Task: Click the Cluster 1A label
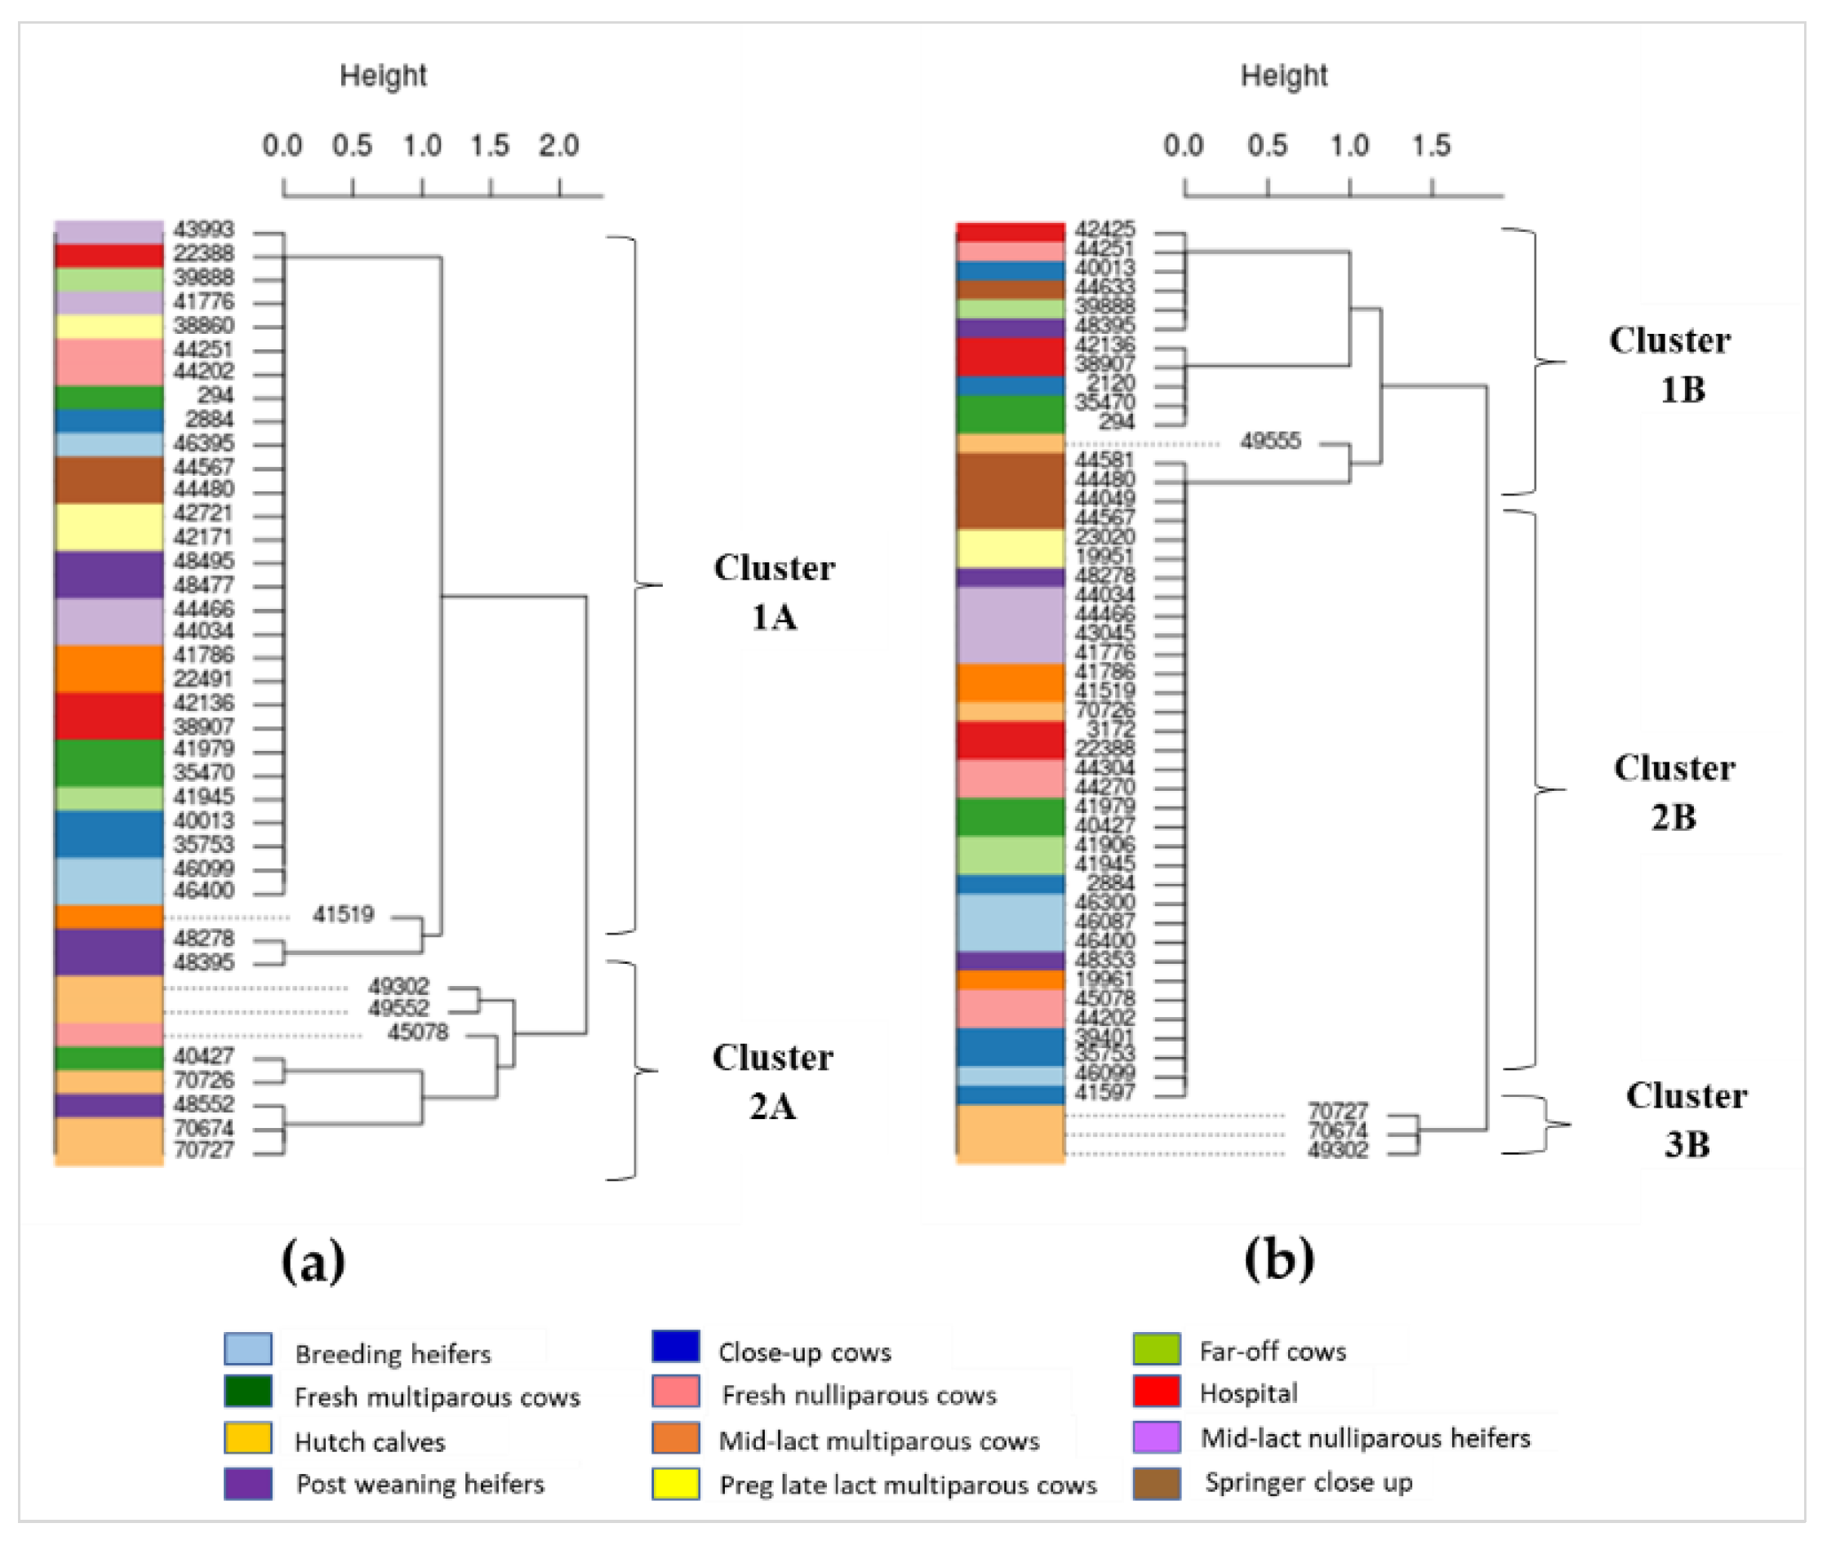click(774, 593)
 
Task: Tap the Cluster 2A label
click(772, 1081)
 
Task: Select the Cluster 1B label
click(1669, 364)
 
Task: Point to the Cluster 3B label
click(1686, 1119)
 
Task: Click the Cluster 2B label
click(1673, 792)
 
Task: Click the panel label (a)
click(313, 1260)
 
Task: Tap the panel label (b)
click(1279, 1259)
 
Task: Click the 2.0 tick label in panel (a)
click(558, 146)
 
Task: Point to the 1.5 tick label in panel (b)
click(1431, 146)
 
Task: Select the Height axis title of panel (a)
click(383, 76)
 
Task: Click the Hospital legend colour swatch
click(1156, 1392)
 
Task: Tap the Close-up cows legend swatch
click(675, 1348)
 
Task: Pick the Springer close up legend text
click(1308, 1482)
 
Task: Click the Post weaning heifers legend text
click(420, 1484)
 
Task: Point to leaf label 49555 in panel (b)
click(1270, 441)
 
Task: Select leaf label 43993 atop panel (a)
click(203, 229)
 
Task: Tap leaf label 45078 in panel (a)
click(418, 1033)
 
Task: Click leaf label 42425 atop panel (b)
click(1104, 229)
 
